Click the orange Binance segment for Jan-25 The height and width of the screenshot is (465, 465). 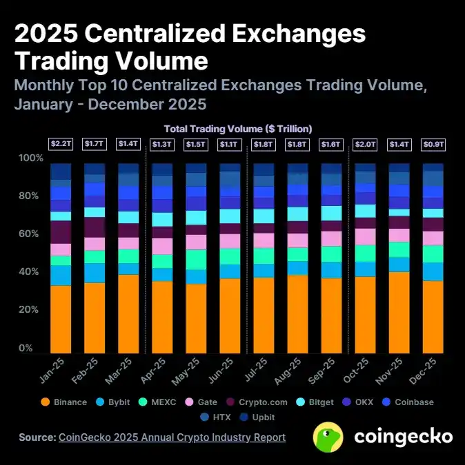[x=61, y=319]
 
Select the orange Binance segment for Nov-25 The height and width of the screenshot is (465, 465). [x=399, y=312]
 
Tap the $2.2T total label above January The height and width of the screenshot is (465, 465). [x=60, y=144]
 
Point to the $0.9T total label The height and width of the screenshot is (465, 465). [x=433, y=144]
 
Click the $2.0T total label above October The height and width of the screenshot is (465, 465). [x=365, y=144]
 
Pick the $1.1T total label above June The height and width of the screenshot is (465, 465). [x=230, y=144]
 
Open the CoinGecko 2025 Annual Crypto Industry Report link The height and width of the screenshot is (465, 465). [x=172, y=437]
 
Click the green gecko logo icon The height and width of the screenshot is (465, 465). [x=328, y=437]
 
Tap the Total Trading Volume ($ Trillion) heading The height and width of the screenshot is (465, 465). [x=238, y=129]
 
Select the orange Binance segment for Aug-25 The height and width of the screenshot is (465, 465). [x=297, y=314]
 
